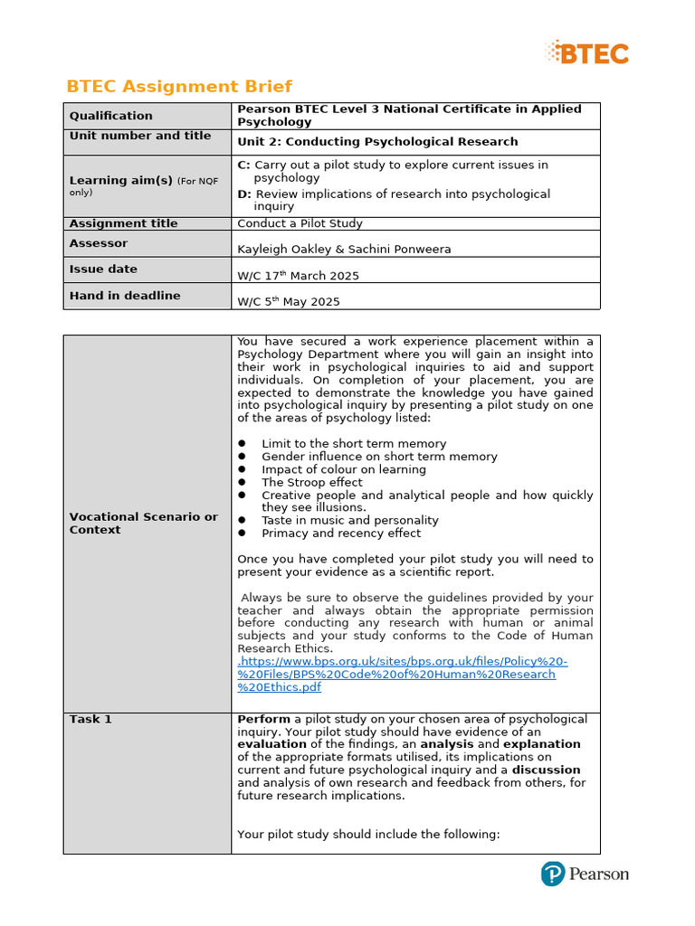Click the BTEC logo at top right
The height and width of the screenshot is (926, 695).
click(587, 52)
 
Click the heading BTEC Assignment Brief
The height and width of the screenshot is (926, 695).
click(179, 87)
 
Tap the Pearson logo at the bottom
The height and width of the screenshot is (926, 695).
click(585, 874)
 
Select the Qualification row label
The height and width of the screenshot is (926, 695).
click(111, 116)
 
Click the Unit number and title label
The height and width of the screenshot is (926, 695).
click(140, 136)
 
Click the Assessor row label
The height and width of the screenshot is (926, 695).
click(99, 243)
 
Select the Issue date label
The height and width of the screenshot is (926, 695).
click(103, 269)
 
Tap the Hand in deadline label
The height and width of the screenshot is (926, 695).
click(125, 296)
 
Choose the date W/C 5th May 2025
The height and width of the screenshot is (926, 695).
click(288, 301)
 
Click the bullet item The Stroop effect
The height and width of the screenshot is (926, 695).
click(311, 482)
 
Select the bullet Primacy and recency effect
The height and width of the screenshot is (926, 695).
click(341, 533)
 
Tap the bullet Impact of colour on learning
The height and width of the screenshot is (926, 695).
click(343, 469)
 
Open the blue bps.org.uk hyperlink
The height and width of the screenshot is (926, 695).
click(403, 674)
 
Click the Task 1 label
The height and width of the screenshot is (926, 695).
click(90, 719)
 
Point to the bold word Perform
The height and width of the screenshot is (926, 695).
click(263, 719)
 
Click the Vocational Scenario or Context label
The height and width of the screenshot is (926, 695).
click(143, 523)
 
